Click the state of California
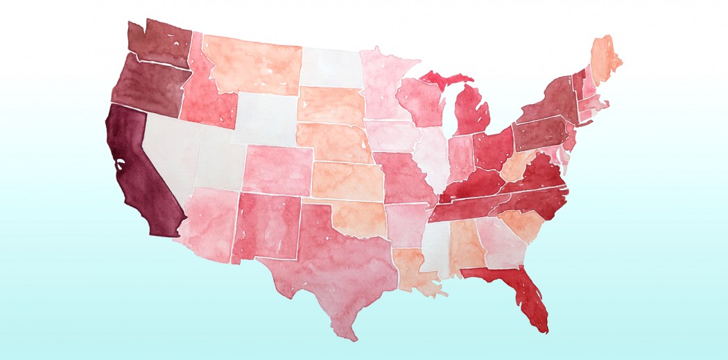coord(139,173)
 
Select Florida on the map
coord(523,291)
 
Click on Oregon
coord(146,87)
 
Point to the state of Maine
coord(603,55)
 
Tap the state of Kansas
coord(347,180)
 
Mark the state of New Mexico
coord(267,225)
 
